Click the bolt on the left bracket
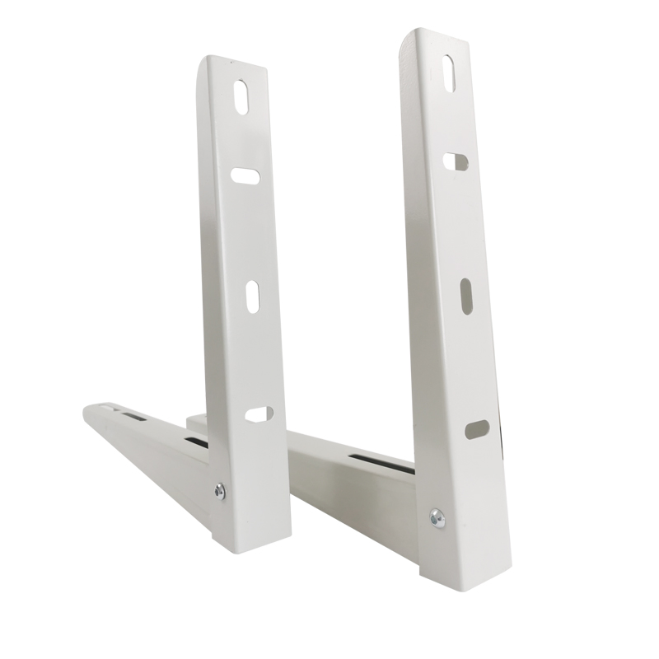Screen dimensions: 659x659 click(221, 492)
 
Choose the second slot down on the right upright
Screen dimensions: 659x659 click(454, 161)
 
